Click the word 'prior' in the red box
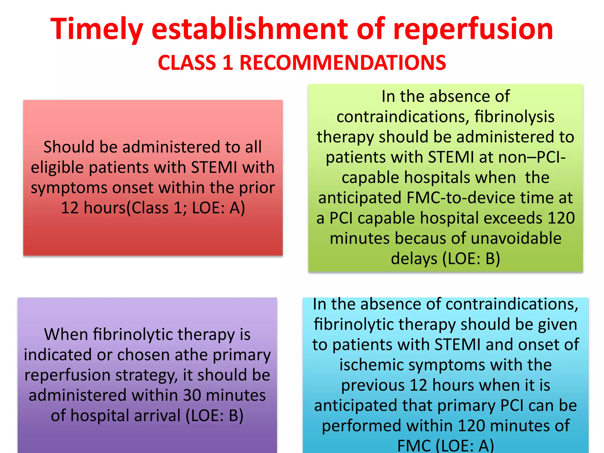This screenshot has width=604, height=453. point(257,188)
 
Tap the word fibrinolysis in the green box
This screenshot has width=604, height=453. point(514,117)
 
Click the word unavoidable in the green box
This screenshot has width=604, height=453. point(516,238)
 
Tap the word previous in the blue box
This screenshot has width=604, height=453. point(373,385)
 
